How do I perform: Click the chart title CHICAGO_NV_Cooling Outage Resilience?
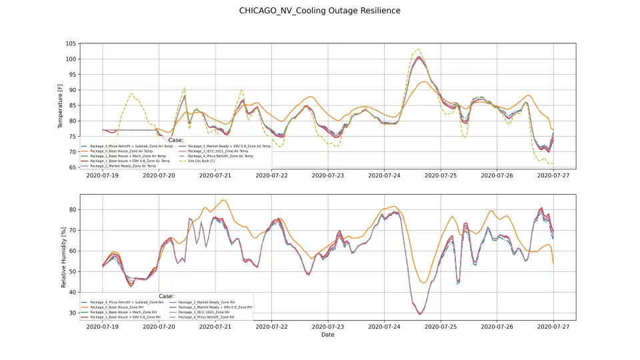click(320, 11)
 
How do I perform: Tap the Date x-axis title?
click(327, 335)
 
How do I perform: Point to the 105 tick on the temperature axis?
click(71, 43)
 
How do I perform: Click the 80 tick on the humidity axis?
click(72, 209)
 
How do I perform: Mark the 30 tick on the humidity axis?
click(72, 313)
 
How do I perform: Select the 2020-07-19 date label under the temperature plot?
click(102, 176)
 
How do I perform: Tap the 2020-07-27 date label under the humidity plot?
click(553, 327)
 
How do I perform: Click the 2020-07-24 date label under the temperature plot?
click(384, 176)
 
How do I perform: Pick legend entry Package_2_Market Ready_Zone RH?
click(207, 302)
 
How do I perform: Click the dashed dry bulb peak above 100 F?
click(418, 49)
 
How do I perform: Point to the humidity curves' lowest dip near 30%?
click(420, 314)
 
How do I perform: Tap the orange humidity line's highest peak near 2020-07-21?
click(223, 200)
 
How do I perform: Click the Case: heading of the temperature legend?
click(176, 140)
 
